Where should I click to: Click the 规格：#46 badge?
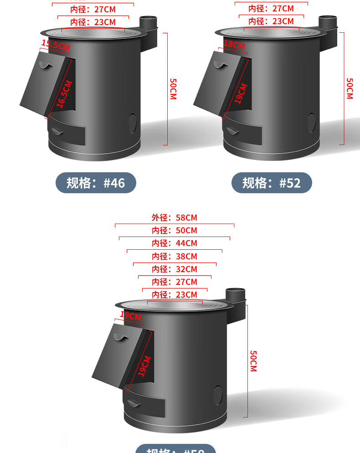(x=96, y=183)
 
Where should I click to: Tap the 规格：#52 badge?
(x=272, y=183)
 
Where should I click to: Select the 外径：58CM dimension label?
(x=175, y=218)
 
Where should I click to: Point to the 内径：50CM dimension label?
(x=175, y=231)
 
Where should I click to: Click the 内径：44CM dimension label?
(x=175, y=243)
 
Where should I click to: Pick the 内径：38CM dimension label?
(x=175, y=256)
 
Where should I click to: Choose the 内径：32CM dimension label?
(x=175, y=269)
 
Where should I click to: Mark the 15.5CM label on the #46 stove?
(x=56, y=45)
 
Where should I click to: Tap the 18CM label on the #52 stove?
(x=234, y=45)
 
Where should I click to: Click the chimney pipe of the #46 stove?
(x=148, y=23)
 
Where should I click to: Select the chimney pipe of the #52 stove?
(x=327, y=22)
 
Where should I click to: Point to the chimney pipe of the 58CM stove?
(x=236, y=294)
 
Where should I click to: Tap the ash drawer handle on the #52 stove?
(x=233, y=131)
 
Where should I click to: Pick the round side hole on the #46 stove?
(x=134, y=122)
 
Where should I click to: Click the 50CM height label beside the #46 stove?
(x=173, y=89)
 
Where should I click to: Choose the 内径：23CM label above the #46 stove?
(x=93, y=22)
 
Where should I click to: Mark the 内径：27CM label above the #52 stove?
(x=271, y=8)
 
